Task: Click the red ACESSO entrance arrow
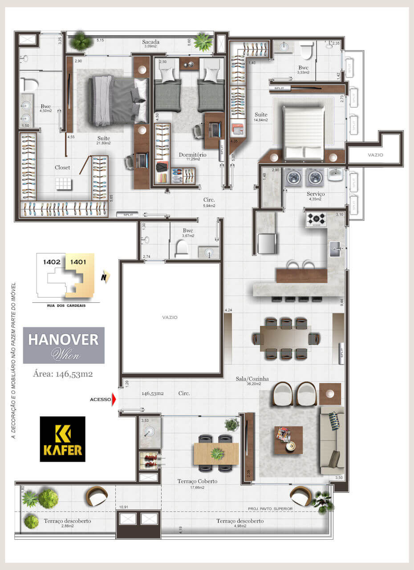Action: (x=114, y=399)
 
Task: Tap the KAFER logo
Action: (x=62, y=439)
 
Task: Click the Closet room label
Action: (x=62, y=167)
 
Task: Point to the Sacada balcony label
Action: (x=151, y=42)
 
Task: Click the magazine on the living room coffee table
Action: (x=283, y=433)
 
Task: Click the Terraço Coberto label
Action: (x=197, y=481)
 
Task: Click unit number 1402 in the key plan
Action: (x=52, y=262)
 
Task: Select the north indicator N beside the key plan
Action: (x=105, y=277)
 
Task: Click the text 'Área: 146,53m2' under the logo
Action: (x=63, y=374)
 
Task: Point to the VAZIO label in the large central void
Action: (x=170, y=317)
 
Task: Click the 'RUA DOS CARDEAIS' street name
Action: (x=66, y=306)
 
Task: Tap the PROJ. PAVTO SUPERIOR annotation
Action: (x=270, y=509)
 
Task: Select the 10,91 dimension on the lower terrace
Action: (x=124, y=507)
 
